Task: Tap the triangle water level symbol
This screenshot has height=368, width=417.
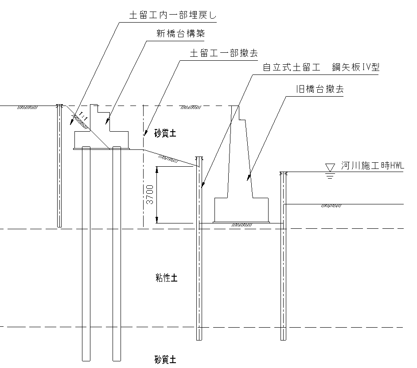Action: (329, 167)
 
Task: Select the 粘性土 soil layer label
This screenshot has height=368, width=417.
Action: (166, 278)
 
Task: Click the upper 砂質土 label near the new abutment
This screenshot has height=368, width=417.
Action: (165, 133)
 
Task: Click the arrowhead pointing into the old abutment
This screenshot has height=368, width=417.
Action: (249, 177)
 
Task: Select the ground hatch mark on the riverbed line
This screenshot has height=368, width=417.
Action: (330, 206)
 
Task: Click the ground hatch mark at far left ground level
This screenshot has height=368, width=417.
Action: (28, 107)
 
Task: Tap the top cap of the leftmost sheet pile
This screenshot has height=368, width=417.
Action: (59, 106)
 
